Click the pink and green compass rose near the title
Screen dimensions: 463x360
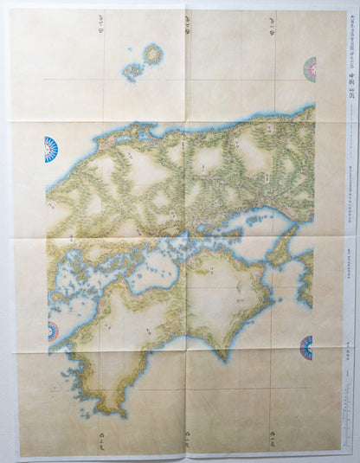pos(309,69)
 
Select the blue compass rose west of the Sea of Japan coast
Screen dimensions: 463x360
pos(50,149)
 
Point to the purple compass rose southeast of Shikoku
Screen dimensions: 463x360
pos(306,348)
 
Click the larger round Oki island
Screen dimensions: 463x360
pos(154,55)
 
